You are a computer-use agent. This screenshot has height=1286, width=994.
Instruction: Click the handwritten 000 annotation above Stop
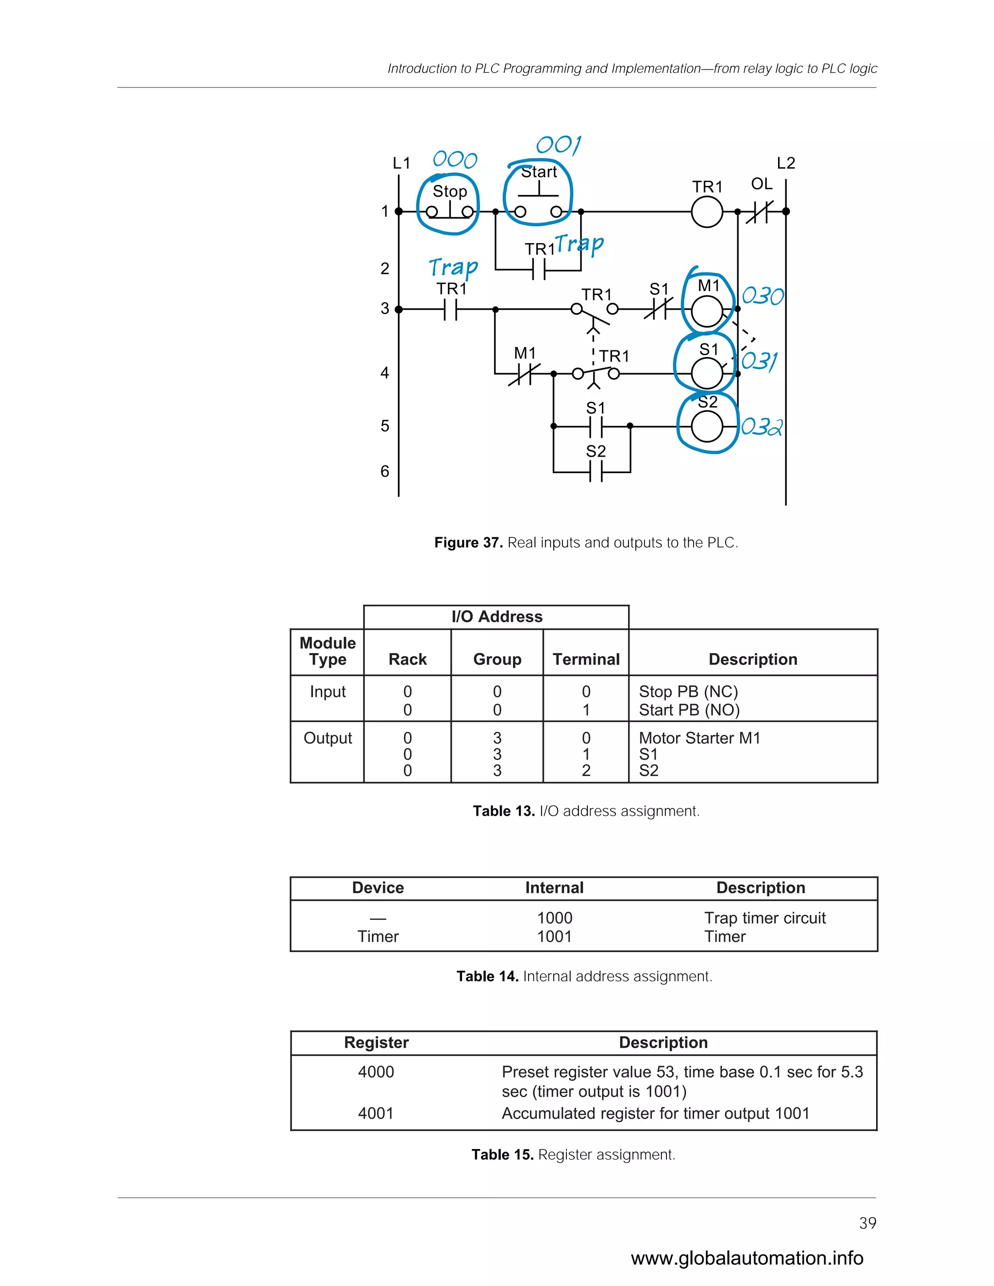point(455,160)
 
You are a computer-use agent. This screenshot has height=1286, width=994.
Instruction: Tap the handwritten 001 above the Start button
point(558,145)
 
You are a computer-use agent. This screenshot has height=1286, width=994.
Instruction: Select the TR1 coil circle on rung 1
point(707,212)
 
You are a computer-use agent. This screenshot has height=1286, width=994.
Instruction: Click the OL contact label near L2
point(762,184)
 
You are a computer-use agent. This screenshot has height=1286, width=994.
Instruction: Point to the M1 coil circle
point(707,311)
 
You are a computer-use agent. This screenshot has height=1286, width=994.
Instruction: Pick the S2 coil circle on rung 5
point(707,426)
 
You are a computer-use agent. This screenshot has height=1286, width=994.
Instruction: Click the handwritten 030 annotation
point(762,296)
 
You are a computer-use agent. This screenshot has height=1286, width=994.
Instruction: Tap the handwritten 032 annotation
point(762,426)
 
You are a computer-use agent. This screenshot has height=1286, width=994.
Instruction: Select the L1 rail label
point(401,163)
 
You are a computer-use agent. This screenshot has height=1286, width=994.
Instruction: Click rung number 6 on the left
point(384,471)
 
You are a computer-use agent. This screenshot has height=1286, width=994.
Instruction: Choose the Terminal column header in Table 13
point(586,659)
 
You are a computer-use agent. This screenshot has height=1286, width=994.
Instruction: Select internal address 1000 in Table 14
point(555,918)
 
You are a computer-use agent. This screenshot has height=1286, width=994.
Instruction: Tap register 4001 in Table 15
point(376,1113)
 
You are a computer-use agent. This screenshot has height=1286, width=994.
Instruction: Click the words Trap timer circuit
point(765,918)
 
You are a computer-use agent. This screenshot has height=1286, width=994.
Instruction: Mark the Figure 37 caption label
point(468,543)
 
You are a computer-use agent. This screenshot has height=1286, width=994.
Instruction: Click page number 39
point(867,1223)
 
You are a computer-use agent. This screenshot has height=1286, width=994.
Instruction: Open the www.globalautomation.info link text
point(746,1258)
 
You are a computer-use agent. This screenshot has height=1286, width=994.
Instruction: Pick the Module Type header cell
point(328,651)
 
